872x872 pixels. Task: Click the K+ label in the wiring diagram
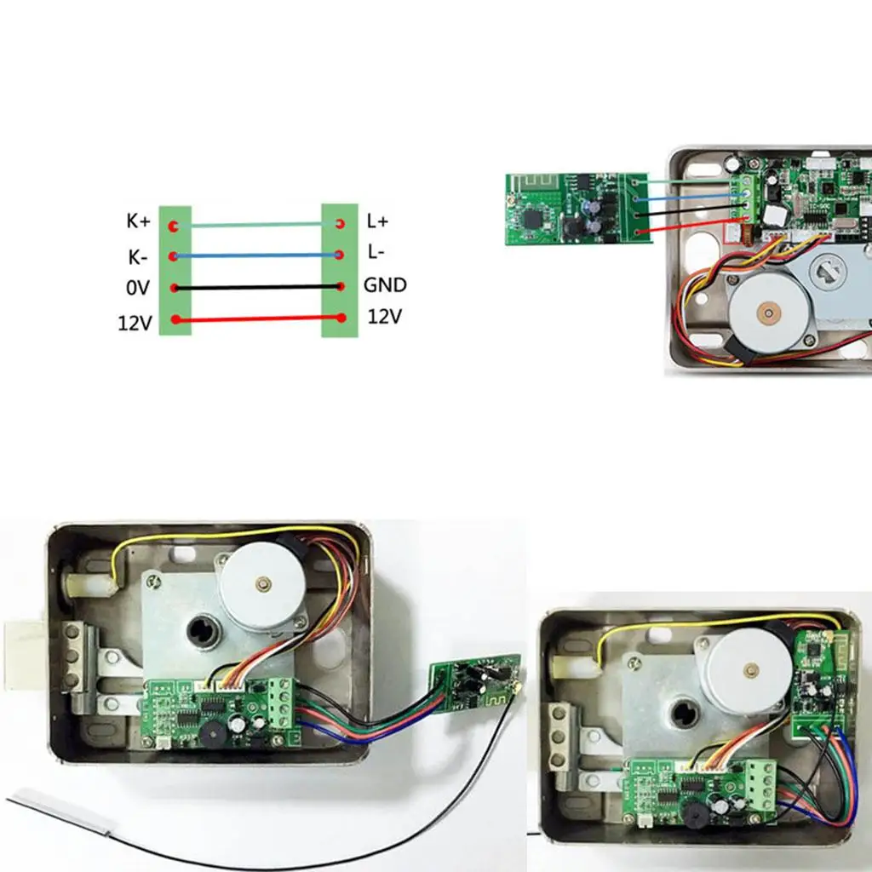point(138,221)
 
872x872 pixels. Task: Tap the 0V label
point(137,288)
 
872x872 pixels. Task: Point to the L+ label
point(377,221)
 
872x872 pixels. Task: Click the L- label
point(376,253)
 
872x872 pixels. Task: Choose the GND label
point(385,284)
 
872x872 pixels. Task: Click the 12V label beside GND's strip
point(384,317)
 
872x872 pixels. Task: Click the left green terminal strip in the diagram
point(175,270)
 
